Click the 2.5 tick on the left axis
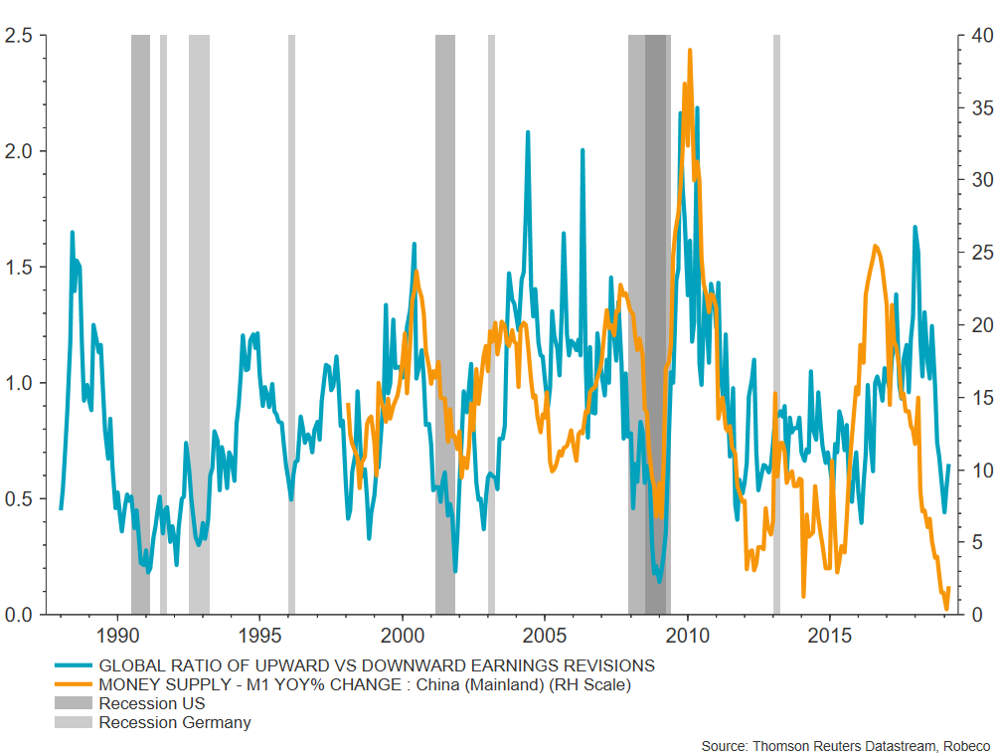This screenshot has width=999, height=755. [20, 36]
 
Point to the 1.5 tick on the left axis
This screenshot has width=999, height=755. [20, 268]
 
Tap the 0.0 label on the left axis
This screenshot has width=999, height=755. [20, 615]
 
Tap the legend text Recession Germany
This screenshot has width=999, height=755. [175, 723]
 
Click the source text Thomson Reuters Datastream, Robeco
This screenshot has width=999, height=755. [846, 746]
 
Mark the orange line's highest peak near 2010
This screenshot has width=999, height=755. [690, 50]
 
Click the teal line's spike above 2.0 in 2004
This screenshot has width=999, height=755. [527, 131]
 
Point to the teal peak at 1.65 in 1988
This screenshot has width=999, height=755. [72, 232]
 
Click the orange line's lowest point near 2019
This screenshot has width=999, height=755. [946, 608]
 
